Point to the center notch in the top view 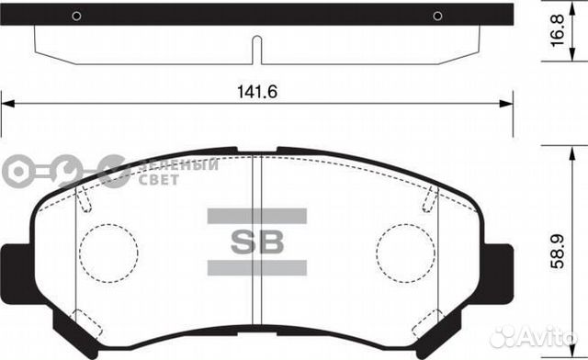coord(257,50)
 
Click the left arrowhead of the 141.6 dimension coord(7,103)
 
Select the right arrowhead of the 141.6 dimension coord(507,103)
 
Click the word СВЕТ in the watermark coord(158,179)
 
